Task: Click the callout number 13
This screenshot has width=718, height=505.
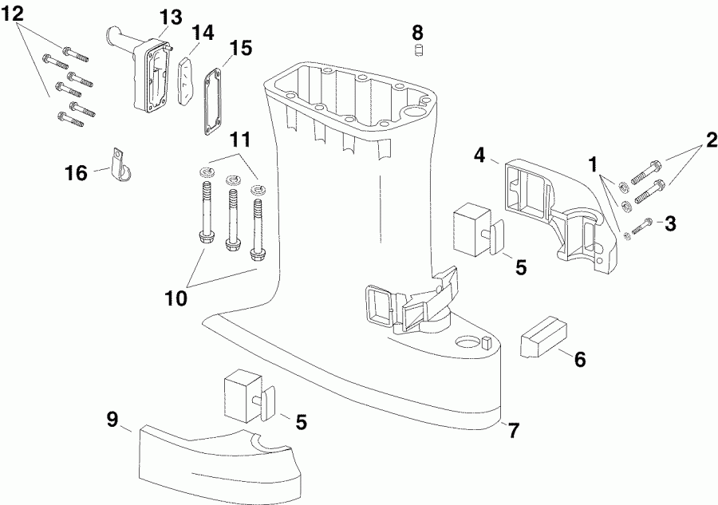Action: (x=171, y=18)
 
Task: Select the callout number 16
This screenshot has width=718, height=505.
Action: (x=76, y=174)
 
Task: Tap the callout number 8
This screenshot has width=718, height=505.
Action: (x=417, y=33)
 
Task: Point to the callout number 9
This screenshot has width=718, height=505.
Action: (x=112, y=420)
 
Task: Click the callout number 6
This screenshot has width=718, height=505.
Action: (x=580, y=360)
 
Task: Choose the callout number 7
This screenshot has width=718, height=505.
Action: (x=515, y=430)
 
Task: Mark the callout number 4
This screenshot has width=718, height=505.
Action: (x=479, y=156)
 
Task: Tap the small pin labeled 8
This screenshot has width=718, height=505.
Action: (x=417, y=51)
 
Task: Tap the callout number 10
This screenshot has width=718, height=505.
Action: (x=176, y=299)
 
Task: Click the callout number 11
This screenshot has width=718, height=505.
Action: (x=240, y=140)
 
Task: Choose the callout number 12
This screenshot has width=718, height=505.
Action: (x=12, y=14)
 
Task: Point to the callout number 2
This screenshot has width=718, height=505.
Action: (x=711, y=140)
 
